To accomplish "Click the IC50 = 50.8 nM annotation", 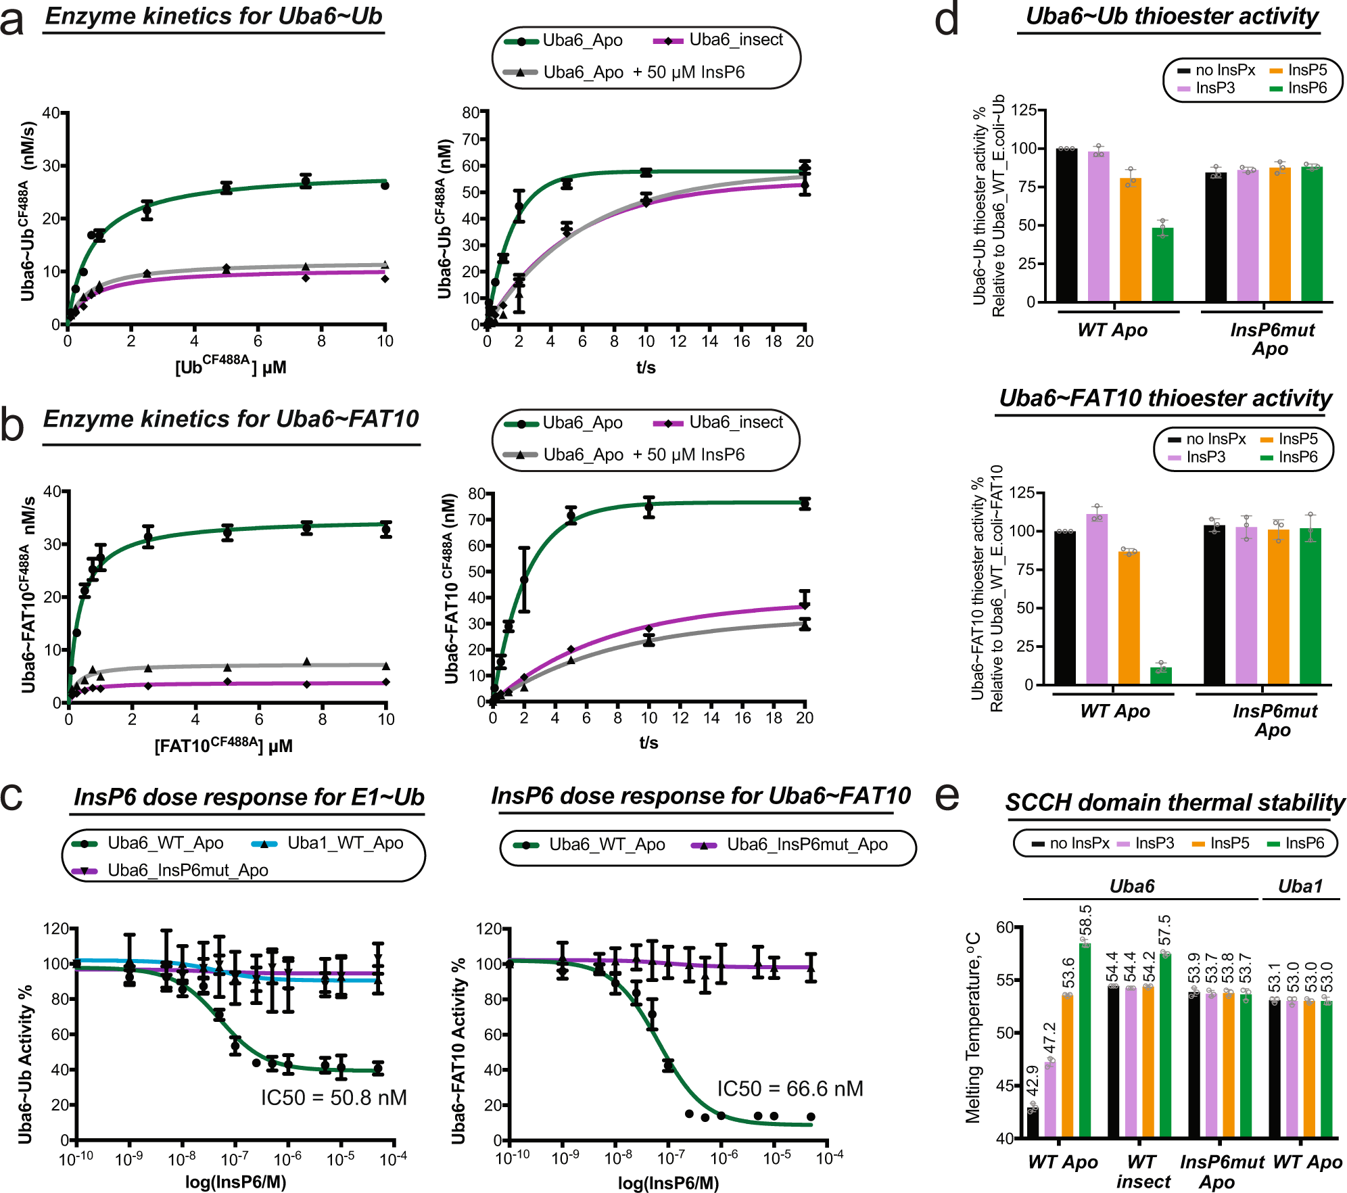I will tap(333, 1098).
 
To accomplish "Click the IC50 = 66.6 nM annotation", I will tap(790, 1089).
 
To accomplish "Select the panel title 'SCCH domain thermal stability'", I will tap(1175, 803).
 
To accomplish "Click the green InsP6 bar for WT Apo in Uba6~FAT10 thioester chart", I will tap(1161, 676).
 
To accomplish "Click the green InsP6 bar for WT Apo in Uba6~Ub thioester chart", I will tap(1162, 265).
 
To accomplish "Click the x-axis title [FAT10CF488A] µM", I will tap(223, 745).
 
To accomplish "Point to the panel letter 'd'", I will tap(947, 19).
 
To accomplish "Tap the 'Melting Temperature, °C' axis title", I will tap(973, 1028).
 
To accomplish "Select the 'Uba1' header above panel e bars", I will tap(1300, 886).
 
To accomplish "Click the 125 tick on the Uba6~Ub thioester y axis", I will tap(1022, 111).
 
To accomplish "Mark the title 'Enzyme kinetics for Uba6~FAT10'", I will tap(231, 419).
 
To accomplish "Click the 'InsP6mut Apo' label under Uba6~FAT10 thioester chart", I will tap(1274, 720).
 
